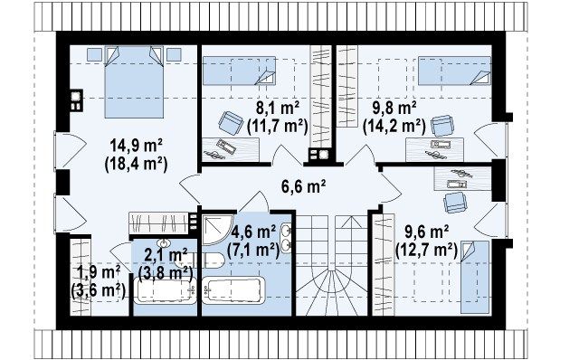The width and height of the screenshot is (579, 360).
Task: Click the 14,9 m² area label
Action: tap(137, 147)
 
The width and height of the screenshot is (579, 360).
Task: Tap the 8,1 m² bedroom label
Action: tap(278, 109)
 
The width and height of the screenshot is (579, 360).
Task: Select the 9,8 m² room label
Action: tap(394, 109)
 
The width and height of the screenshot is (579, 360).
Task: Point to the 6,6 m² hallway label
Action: tap(303, 186)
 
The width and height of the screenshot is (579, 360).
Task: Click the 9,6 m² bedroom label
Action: tap(427, 232)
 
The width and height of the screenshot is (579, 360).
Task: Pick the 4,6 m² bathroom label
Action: tap(253, 232)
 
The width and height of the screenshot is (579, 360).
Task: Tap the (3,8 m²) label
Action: tap(166, 273)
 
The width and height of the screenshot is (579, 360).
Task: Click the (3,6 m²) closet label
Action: tap(99, 289)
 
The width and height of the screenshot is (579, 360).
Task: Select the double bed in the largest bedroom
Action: tap(134, 81)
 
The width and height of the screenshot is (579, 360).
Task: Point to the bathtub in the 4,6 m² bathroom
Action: tap(233, 290)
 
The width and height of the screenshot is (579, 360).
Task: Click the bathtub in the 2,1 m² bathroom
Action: tap(165, 291)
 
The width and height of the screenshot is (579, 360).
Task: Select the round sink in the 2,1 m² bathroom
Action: tap(164, 243)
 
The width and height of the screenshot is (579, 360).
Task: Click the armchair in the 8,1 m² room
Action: tap(231, 123)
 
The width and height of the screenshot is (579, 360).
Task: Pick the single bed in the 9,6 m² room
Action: tap(475, 277)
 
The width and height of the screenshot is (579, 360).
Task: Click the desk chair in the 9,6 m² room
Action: tap(455, 203)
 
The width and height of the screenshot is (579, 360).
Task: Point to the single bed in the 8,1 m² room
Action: tap(239, 71)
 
